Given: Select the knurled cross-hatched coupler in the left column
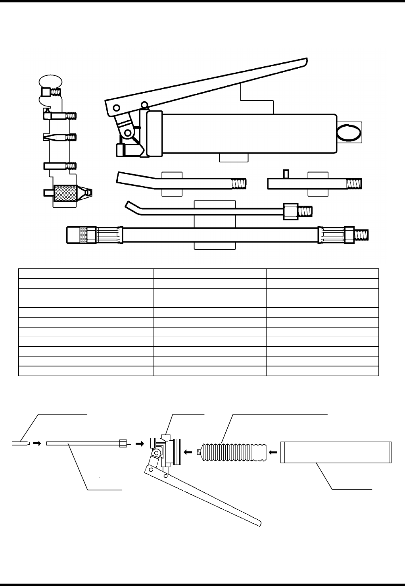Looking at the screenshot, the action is pos(64,193).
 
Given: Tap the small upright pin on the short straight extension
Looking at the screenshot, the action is pos(285,174).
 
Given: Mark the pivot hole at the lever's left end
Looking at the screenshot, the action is pos(116,108).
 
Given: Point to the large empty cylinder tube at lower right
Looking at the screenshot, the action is pos(336,452).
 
